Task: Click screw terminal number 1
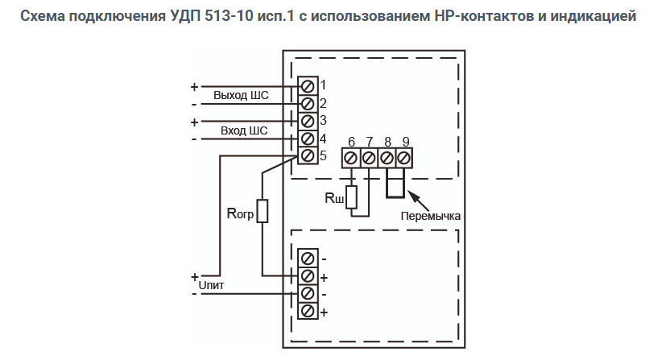click(307, 85)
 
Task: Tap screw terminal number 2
click(307, 103)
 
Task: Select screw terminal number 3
click(307, 121)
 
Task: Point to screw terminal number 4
click(307, 139)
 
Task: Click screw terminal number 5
click(307, 155)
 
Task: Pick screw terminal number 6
click(351, 158)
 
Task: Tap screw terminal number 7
click(369, 158)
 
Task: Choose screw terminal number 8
click(387, 158)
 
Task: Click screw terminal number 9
click(404, 158)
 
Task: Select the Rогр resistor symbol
click(263, 211)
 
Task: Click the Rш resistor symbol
click(351, 197)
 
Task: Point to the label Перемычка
click(430, 216)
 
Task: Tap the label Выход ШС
click(241, 95)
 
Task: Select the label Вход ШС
click(244, 130)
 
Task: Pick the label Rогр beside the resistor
click(239, 213)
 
